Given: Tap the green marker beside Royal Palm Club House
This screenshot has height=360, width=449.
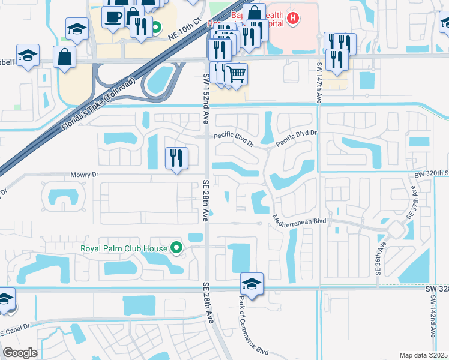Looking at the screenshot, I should pyautogui.click(x=176, y=247).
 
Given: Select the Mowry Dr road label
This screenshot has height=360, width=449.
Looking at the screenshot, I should pyautogui.click(x=86, y=174).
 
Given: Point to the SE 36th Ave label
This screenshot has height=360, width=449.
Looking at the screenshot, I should pyautogui.click(x=381, y=256).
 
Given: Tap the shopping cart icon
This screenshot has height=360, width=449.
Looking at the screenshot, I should pyautogui.click(x=237, y=74).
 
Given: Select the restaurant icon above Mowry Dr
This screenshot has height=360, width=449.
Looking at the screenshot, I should pyautogui.click(x=176, y=158).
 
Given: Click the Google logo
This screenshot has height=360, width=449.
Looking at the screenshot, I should pyautogui.click(x=20, y=353).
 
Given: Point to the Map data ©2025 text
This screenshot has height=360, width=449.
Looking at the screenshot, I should pyautogui.click(x=423, y=355).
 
